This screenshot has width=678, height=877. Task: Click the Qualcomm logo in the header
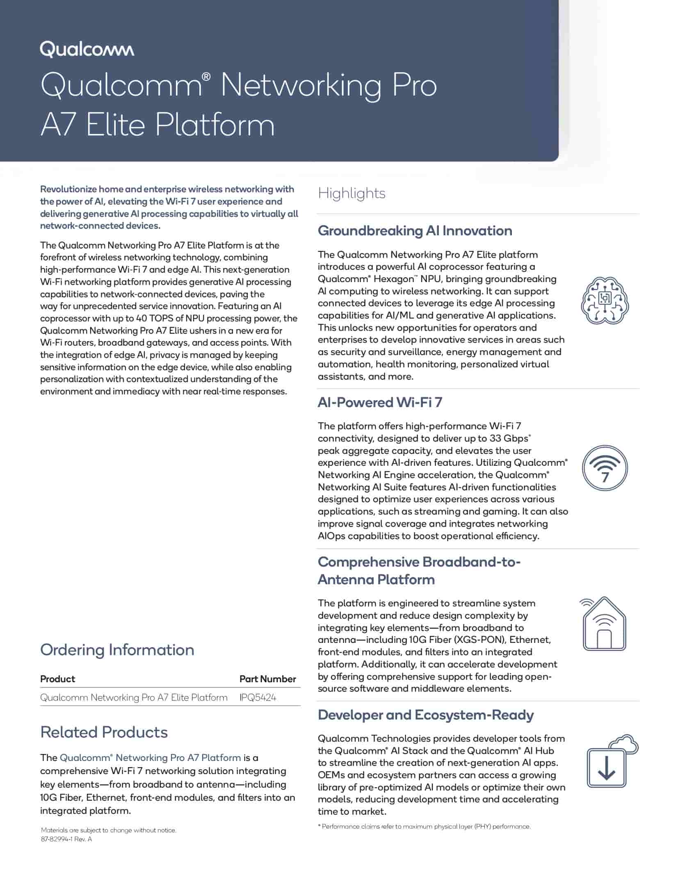point(87,49)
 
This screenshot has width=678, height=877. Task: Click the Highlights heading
point(352,193)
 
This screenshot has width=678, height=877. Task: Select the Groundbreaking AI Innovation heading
point(415,231)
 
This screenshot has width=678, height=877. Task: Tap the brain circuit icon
point(605,301)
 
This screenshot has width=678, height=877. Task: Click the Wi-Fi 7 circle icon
point(605,468)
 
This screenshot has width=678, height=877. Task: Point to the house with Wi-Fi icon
point(604,624)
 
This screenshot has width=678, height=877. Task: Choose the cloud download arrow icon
point(611,762)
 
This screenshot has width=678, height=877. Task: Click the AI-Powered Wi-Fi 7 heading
point(380,403)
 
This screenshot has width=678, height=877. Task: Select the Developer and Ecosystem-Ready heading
point(425,715)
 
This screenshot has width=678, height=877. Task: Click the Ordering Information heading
point(117,650)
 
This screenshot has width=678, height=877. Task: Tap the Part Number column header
point(267,679)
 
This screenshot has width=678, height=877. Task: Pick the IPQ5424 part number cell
point(258,698)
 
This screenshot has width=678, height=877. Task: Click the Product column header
point(57,679)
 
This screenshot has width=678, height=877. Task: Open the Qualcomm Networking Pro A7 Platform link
point(151,758)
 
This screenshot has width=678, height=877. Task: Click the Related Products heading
point(104,732)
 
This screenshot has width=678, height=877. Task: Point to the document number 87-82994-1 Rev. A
point(66,839)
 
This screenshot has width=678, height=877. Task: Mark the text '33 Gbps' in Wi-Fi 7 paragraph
point(509,438)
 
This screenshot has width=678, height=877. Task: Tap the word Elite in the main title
point(116,125)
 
